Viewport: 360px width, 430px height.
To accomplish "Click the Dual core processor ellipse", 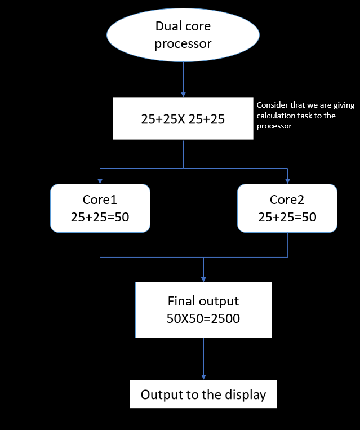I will [183, 34].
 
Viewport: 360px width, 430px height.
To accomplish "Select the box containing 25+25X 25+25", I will [183, 118].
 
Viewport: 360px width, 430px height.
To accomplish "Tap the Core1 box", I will [100, 208].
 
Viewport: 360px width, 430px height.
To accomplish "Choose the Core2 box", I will [287, 208].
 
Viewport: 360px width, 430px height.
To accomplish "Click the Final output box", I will [203, 309].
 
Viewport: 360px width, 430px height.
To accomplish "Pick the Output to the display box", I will [203, 394].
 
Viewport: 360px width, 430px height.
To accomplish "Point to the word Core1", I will [100, 200].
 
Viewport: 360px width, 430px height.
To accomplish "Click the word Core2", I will [287, 200].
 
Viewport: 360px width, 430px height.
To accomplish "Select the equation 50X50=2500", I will [203, 318].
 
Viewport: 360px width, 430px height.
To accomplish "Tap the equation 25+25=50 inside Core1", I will [100, 216].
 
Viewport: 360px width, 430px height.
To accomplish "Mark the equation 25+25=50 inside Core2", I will [287, 216].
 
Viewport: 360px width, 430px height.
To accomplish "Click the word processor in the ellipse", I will [183, 43].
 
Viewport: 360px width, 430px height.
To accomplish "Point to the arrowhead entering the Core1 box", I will [100, 180].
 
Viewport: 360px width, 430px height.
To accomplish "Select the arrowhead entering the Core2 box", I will [287, 180].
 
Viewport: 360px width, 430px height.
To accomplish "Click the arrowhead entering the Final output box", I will [203, 278].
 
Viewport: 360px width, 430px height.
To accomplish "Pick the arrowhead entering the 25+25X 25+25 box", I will [183, 94].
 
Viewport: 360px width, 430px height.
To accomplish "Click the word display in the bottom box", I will [245, 394].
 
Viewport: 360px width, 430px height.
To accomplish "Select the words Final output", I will [203, 301].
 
